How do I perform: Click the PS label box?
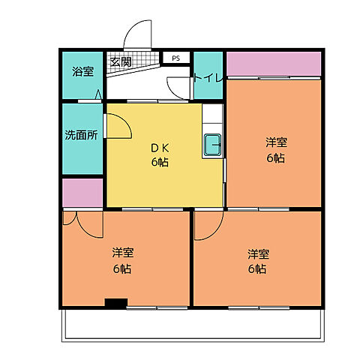coord(176,58)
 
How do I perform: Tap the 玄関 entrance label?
coord(121,61)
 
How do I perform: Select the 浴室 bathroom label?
coord(83,71)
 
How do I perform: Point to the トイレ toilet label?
coord(208,79)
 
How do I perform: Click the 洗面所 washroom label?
coord(81,135)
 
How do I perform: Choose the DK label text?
coord(160,148)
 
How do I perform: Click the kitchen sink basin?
coord(212,145)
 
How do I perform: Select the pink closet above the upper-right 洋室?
coord(274,64)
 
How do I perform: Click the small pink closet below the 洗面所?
coord(82,193)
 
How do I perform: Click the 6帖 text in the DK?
coord(160,163)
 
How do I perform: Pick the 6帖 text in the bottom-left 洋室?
coord(122,269)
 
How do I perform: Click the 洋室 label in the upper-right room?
coord(276,142)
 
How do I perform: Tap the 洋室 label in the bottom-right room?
coord(259,254)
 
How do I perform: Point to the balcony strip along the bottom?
coord(193,325)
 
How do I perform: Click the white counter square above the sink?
coord(212,113)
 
